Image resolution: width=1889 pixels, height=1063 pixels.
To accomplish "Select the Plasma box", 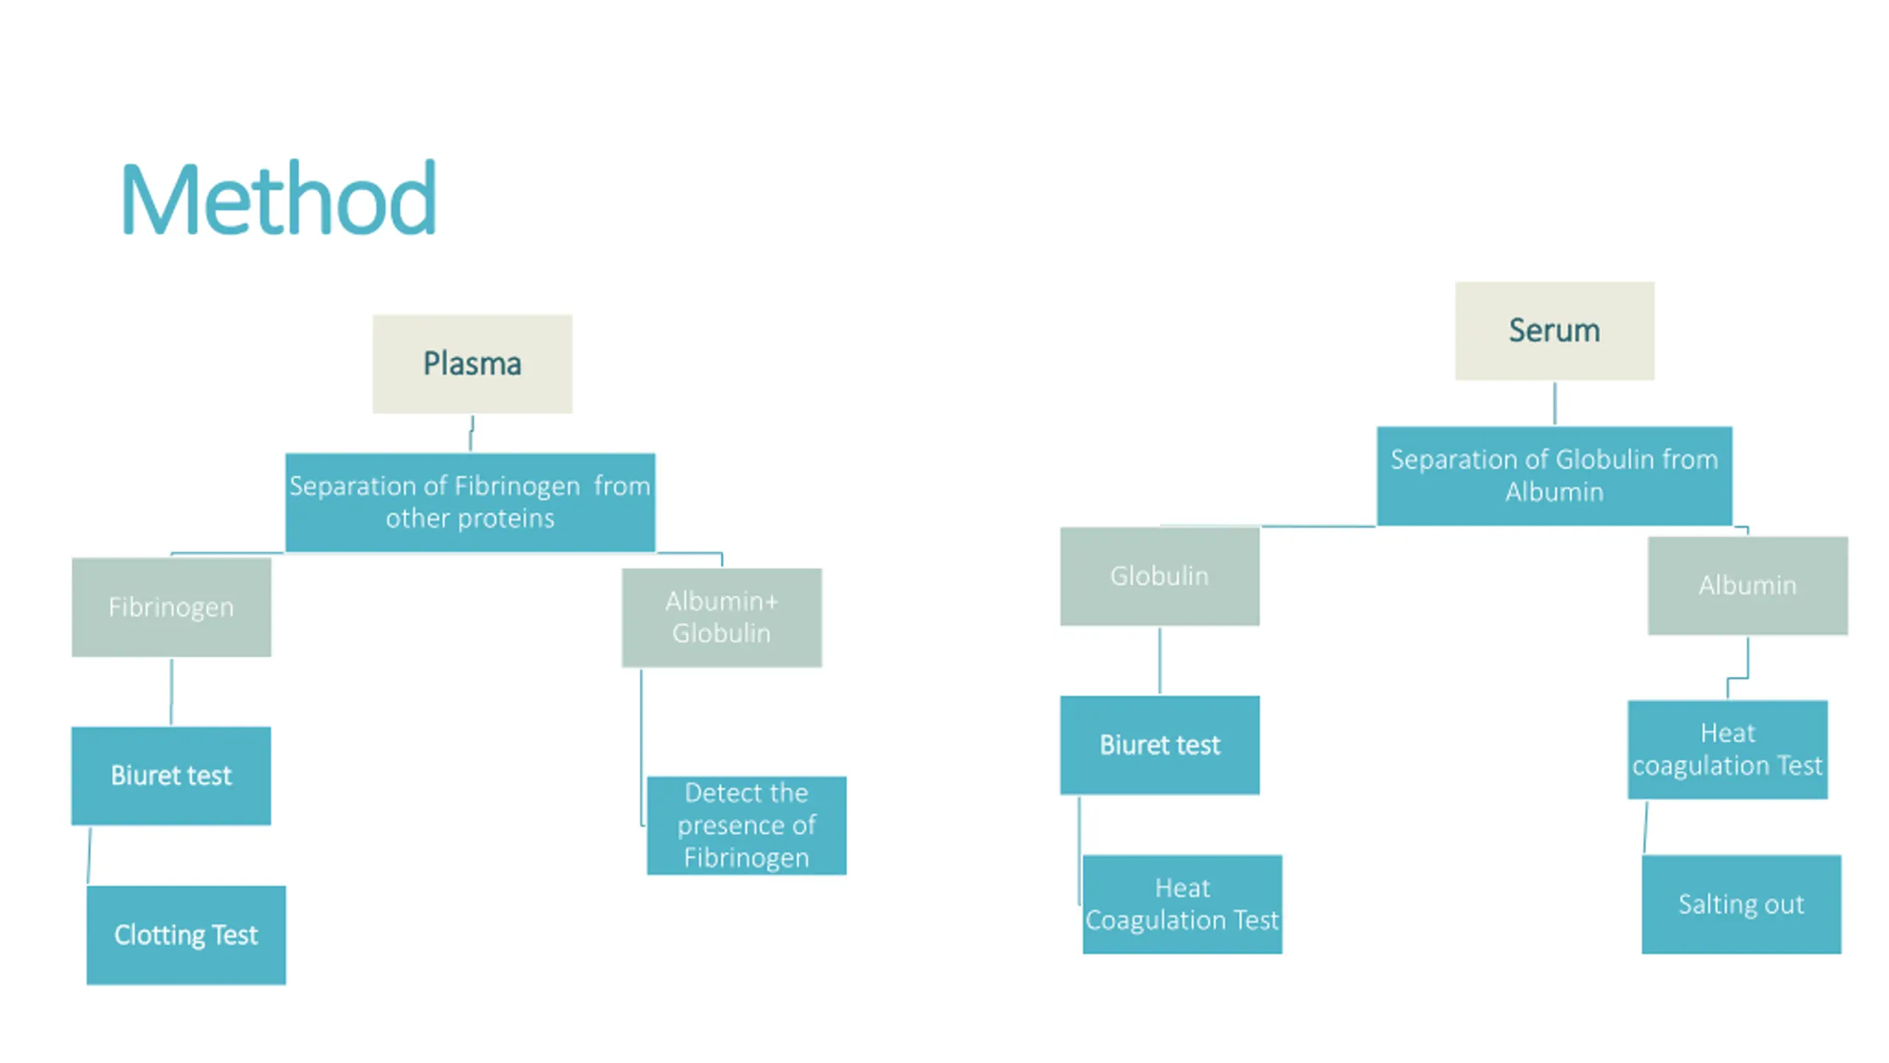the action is coord(472,364).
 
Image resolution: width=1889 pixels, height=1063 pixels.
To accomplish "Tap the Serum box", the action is coord(1554,331).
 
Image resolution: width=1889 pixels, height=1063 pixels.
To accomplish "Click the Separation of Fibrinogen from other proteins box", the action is coord(470,502).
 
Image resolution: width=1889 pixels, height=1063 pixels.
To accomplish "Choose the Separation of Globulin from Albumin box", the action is coord(1554,475).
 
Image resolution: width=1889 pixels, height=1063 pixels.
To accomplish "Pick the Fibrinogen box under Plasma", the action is coord(171,607).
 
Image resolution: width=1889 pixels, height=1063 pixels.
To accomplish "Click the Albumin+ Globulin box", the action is coord(721,617).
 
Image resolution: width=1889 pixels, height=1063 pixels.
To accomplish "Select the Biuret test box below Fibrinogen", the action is coord(171,775).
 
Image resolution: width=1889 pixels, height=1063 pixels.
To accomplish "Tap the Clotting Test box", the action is coord(186,935).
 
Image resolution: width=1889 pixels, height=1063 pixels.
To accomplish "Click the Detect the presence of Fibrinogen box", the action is coord(746,825).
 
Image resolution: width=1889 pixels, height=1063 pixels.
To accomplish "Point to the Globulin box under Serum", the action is coord(1159,576).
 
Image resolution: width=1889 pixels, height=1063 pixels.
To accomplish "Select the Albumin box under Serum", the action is coord(1747,585).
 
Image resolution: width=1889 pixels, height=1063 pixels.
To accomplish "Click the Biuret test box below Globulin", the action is coord(1159,745).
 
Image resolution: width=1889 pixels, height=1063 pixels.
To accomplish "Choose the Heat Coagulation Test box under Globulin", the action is coord(1182,904).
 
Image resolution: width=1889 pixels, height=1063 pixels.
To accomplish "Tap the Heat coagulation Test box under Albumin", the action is coord(1727,749).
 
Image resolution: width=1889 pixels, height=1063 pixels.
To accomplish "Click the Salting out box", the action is coord(1741,904).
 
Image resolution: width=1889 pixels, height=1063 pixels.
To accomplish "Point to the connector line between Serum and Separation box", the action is coord(1555,403).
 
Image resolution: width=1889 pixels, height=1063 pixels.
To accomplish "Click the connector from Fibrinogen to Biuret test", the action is coord(171,692).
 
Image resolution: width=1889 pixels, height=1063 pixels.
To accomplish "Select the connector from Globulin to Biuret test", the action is coord(1159,661).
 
